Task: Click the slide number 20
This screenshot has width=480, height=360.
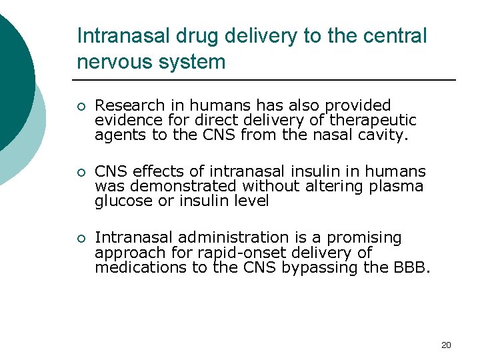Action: click(x=446, y=345)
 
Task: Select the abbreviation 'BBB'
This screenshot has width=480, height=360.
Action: click(x=413, y=267)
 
